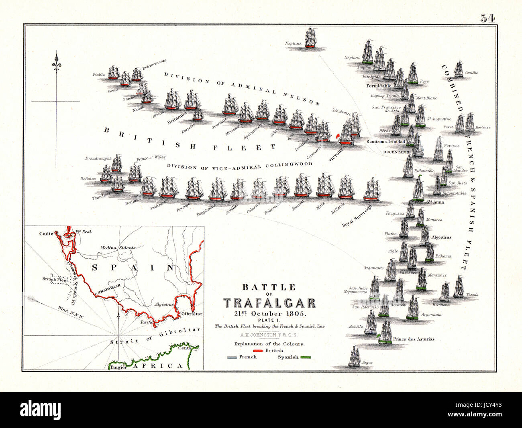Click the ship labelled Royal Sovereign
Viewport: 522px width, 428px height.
click(x=372, y=191)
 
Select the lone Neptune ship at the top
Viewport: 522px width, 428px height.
click(x=310, y=38)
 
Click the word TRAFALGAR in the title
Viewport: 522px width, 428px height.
click(x=269, y=303)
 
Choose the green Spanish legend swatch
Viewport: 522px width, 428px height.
click(x=306, y=357)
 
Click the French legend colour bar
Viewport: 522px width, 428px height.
click(x=232, y=357)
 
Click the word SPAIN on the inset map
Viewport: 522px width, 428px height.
click(x=133, y=268)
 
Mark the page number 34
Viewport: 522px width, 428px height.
click(x=488, y=18)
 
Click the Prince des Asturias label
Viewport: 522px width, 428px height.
click(x=414, y=339)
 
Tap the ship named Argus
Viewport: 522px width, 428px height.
click(x=354, y=356)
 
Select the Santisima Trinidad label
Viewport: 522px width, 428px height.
click(x=385, y=142)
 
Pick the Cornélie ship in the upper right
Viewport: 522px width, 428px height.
click(x=459, y=69)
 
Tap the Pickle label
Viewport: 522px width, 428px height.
click(x=98, y=75)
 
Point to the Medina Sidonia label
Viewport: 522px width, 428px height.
click(x=117, y=247)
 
